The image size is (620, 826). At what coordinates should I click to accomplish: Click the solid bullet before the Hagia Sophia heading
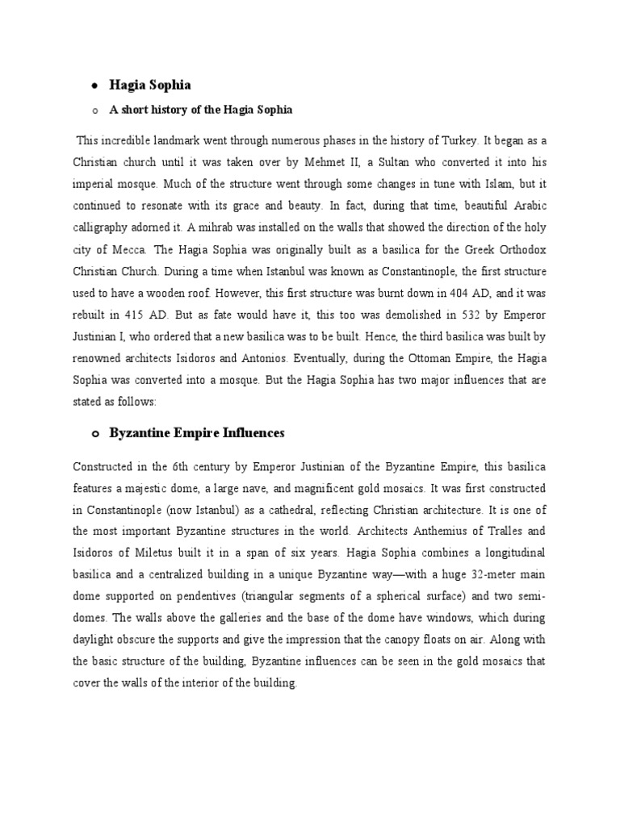[x=94, y=85]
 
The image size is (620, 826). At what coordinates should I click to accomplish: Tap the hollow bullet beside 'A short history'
[x=94, y=110]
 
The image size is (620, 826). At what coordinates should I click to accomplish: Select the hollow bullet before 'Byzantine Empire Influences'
[x=94, y=434]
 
